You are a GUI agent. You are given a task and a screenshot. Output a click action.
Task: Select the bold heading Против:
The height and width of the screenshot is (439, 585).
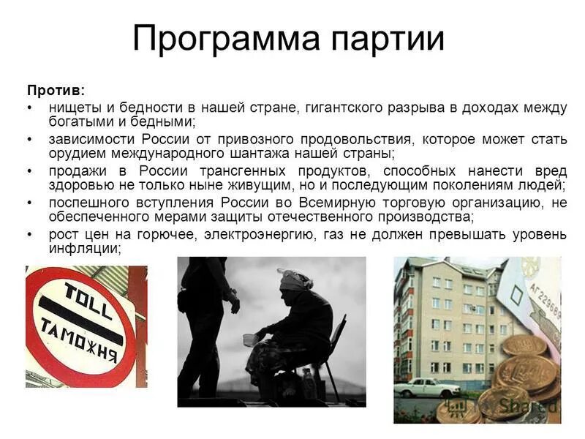pos(56,91)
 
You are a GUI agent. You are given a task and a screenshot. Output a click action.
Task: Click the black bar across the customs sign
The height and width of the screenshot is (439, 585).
pos(80,320)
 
